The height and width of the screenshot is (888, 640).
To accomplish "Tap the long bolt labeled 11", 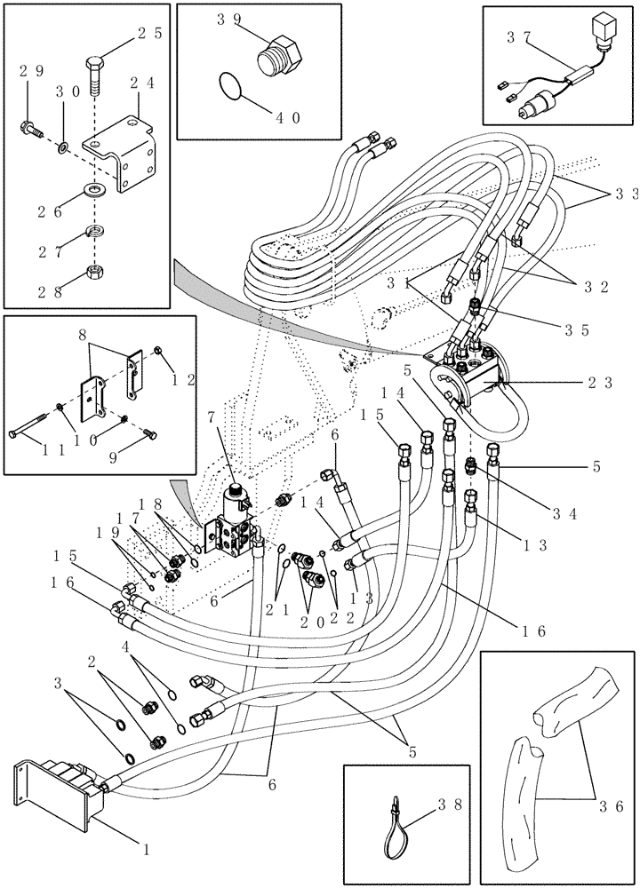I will [41, 433].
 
